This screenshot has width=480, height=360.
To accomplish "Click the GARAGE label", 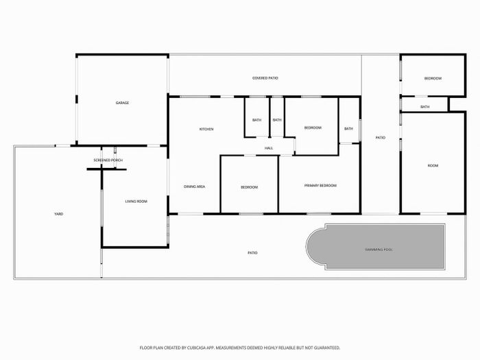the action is click(x=122, y=103).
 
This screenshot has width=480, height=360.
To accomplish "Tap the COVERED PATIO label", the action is click(x=265, y=78).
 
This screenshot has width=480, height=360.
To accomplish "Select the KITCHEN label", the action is click(x=206, y=129).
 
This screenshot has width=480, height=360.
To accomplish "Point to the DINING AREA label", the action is click(x=194, y=187).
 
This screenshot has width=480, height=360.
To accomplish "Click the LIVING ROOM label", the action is click(x=136, y=202).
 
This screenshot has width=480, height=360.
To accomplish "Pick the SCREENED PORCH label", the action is click(x=108, y=160).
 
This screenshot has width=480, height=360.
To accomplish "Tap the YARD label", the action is click(x=58, y=214).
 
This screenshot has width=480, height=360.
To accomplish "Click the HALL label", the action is click(x=269, y=148).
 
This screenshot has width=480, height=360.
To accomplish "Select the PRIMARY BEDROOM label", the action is click(x=320, y=186).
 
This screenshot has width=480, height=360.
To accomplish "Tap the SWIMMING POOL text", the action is click(x=379, y=250).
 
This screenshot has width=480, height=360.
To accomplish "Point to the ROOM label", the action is click(x=433, y=166).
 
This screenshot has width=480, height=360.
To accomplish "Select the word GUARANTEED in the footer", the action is click(x=328, y=348).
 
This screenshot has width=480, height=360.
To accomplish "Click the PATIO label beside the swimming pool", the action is click(x=252, y=253).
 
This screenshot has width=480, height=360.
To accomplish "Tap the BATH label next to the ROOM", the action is click(x=424, y=107).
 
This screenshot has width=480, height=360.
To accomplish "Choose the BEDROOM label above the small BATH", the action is click(x=433, y=78).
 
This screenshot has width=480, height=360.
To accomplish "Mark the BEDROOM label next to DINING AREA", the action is click(x=249, y=187).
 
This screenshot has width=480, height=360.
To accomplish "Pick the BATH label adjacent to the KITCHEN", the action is click(x=257, y=120).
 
